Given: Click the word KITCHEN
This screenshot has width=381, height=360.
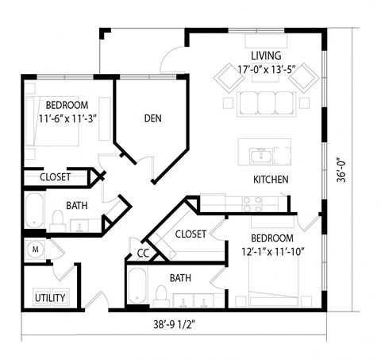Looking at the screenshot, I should (x=270, y=179).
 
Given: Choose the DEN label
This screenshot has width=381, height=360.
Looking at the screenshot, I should (x=153, y=118).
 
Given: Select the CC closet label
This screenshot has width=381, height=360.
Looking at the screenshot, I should (x=143, y=253).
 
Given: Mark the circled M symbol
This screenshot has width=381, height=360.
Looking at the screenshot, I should (x=35, y=248).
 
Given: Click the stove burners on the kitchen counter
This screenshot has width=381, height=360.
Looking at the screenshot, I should (x=252, y=206).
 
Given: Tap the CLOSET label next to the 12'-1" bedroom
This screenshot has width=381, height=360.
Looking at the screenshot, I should (x=190, y=234).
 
